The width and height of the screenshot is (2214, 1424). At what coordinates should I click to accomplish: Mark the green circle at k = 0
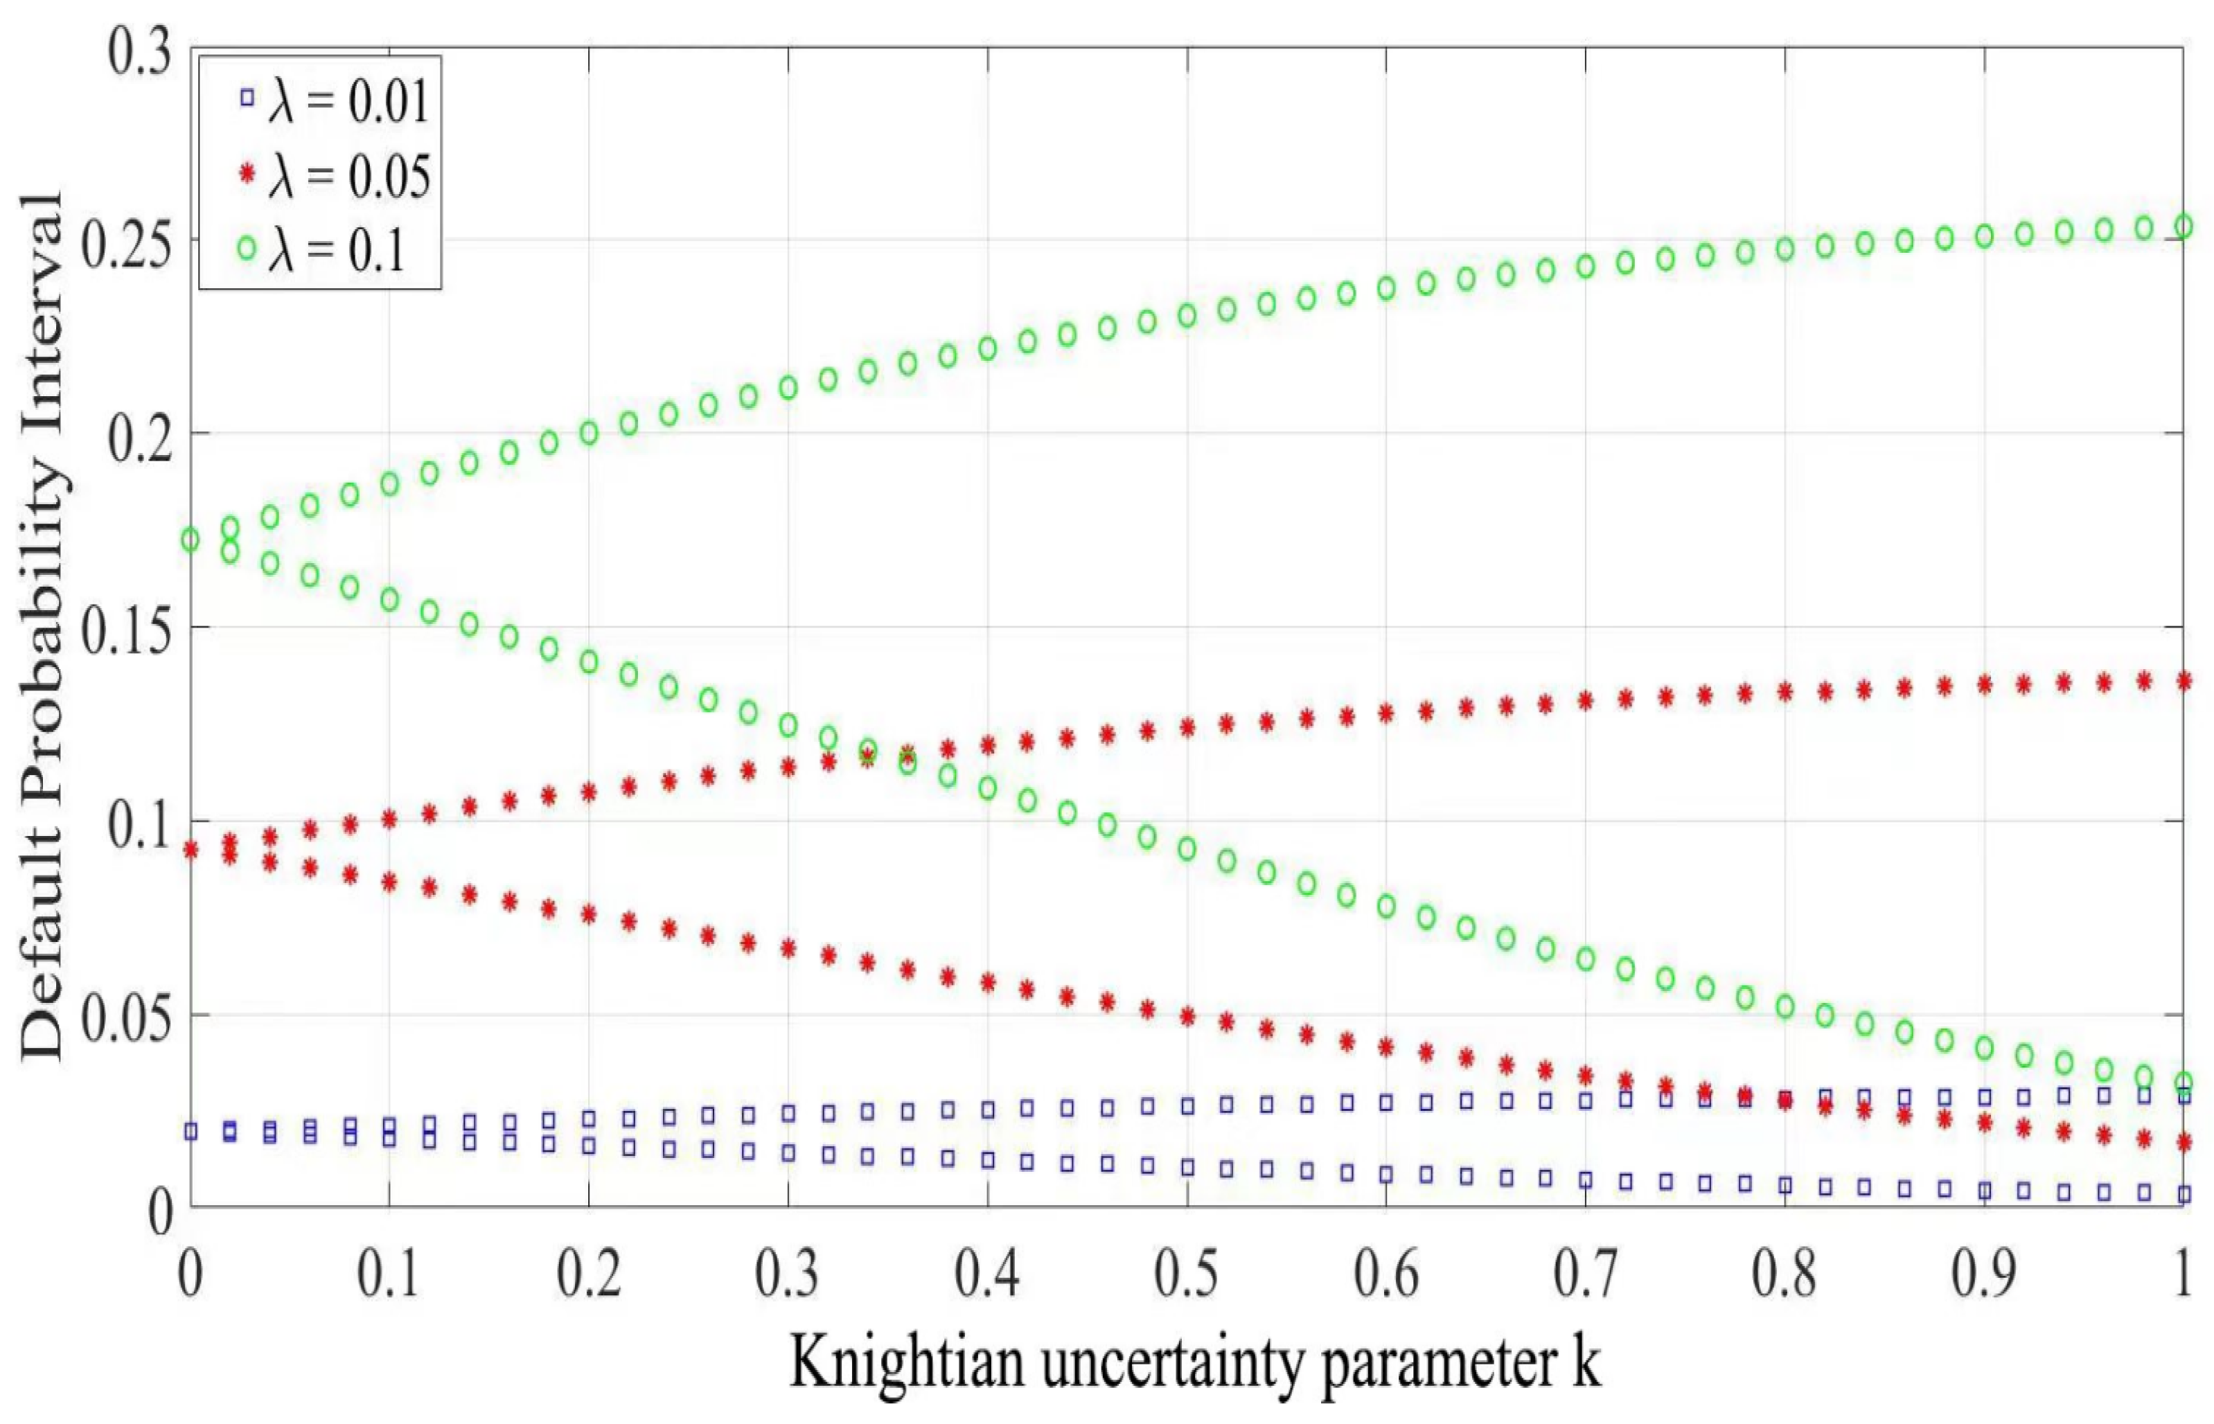tap(191, 539)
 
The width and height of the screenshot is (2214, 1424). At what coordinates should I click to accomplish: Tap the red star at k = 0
tap(191, 850)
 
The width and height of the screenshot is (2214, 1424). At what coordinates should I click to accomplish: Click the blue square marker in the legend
tap(246, 96)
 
